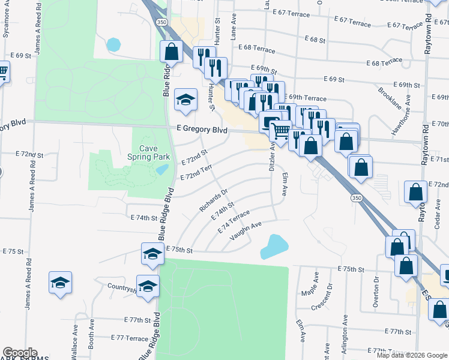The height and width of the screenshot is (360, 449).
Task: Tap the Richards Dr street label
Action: tap(214, 200)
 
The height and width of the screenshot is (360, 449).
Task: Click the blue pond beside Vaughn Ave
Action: tap(274, 246)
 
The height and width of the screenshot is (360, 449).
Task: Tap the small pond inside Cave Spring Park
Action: tap(161, 169)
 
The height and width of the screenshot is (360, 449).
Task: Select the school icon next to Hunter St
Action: tap(185, 100)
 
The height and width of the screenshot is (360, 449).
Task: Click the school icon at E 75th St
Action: tap(152, 254)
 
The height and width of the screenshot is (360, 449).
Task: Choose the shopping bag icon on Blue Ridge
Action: tap(171, 52)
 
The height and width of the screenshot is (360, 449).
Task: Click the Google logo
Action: tap(19, 353)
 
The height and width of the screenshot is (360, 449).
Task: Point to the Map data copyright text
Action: tap(411, 355)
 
